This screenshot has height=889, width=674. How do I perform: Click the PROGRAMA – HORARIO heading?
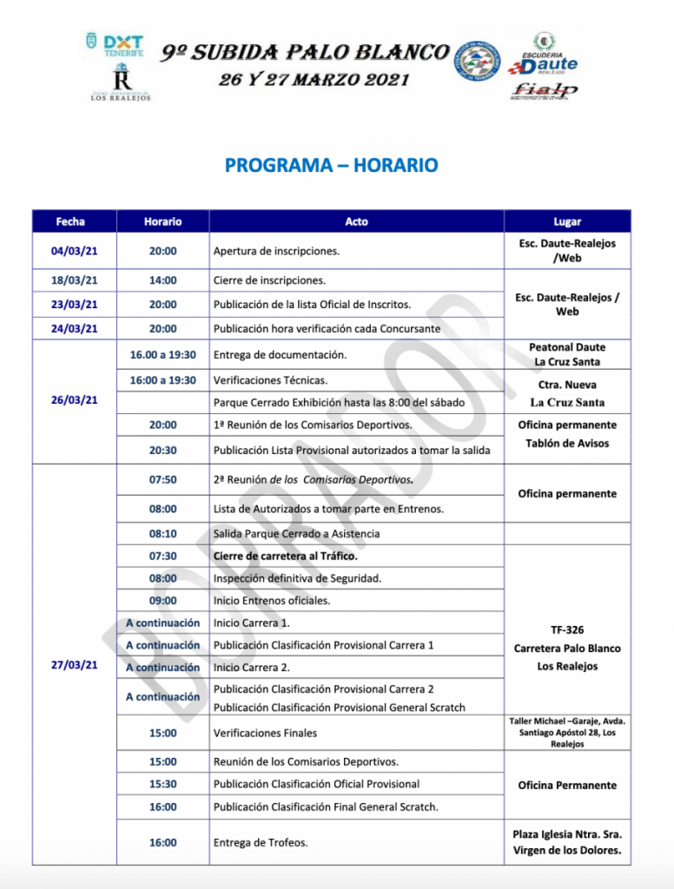click(x=331, y=165)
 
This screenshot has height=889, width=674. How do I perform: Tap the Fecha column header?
click(x=70, y=221)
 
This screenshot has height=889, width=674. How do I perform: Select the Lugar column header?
click(x=567, y=221)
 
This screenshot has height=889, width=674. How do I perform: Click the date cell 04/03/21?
click(x=74, y=251)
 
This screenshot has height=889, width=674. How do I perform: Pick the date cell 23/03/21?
click(x=74, y=305)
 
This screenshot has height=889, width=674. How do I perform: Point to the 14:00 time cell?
click(x=162, y=280)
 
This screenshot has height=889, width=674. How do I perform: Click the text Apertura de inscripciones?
click(x=276, y=252)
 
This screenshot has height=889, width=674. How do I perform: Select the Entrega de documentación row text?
click(x=280, y=354)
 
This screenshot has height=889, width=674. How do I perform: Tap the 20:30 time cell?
click(x=162, y=450)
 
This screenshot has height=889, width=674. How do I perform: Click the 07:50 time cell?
click(x=162, y=479)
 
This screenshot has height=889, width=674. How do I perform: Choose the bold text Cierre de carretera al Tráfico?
click(x=285, y=556)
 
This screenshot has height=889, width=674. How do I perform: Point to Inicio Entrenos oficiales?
click(x=271, y=601)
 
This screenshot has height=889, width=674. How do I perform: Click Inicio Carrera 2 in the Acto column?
click(x=252, y=668)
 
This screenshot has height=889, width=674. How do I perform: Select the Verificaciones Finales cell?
click(x=265, y=733)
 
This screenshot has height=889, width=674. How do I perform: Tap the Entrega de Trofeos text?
click(x=261, y=842)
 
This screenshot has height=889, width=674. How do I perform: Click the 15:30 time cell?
click(x=162, y=783)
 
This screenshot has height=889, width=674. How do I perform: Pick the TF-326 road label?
click(x=567, y=630)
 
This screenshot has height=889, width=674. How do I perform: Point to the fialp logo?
click(x=545, y=89)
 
